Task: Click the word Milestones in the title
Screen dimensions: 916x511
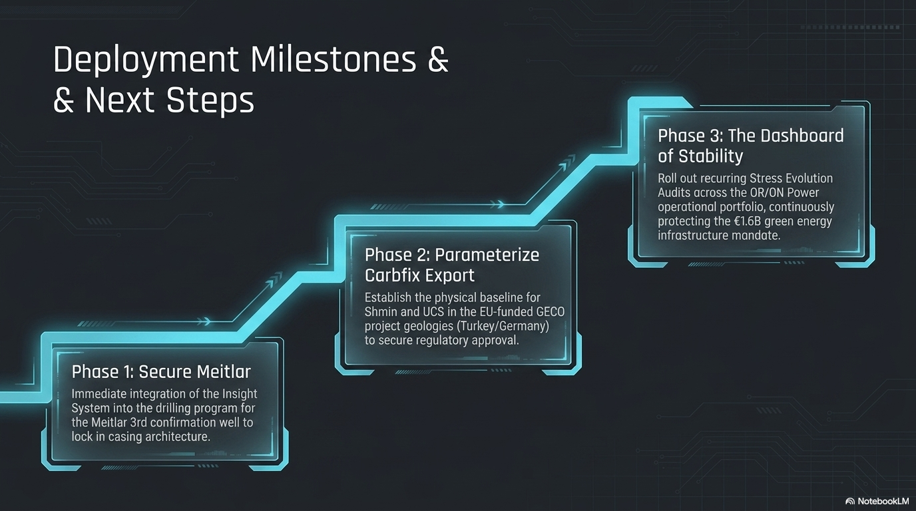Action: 334,60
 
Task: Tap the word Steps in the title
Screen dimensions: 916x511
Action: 210,101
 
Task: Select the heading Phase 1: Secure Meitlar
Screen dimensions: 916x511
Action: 161,371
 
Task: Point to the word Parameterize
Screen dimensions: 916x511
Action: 487,255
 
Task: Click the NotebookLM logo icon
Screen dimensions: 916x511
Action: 850,501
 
